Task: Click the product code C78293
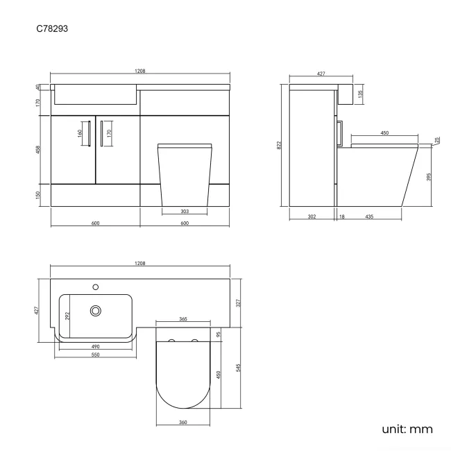click(x=52, y=29)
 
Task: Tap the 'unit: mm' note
click(x=407, y=429)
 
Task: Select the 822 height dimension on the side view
click(x=279, y=145)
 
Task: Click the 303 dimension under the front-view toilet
click(x=184, y=212)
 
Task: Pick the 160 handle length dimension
click(x=80, y=133)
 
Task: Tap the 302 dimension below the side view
click(x=312, y=217)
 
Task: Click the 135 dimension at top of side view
click(x=361, y=94)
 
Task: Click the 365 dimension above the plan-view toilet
click(x=183, y=318)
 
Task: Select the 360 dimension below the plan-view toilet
click(x=184, y=423)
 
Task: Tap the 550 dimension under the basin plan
click(x=96, y=355)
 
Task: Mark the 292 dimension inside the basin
click(x=67, y=316)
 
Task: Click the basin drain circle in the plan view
click(x=96, y=311)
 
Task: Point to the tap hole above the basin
click(x=96, y=285)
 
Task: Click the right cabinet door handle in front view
click(x=102, y=133)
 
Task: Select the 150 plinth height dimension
click(x=40, y=195)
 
